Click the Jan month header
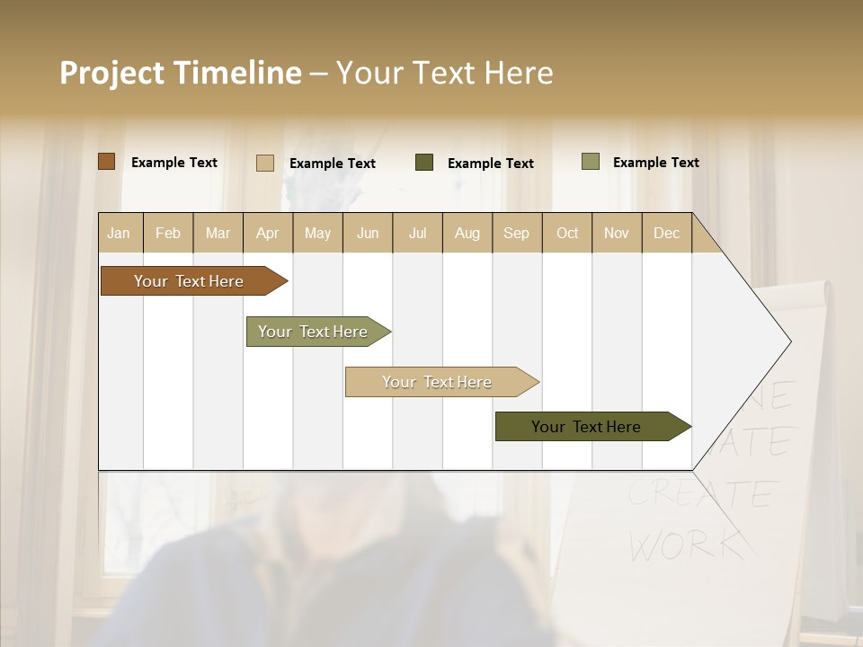pyautogui.click(x=119, y=233)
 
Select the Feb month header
pyautogui.click(x=168, y=233)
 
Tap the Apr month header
pyautogui.click(x=267, y=233)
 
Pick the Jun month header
pyautogui.click(x=368, y=233)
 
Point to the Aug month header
pyautogui.click(x=467, y=233)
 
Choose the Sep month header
pyautogui.click(x=516, y=233)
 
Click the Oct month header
pyautogui.click(x=567, y=233)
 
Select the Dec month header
pyautogui.click(x=666, y=233)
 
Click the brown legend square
pyautogui.click(x=107, y=162)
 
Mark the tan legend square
pyautogui.click(x=265, y=163)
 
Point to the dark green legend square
pyautogui.click(x=424, y=163)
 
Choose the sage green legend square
pyautogui.click(x=591, y=162)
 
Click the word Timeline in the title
pyautogui.click(x=236, y=73)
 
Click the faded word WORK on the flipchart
pyautogui.click(x=685, y=543)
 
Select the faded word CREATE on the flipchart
pyautogui.click(x=701, y=493)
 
